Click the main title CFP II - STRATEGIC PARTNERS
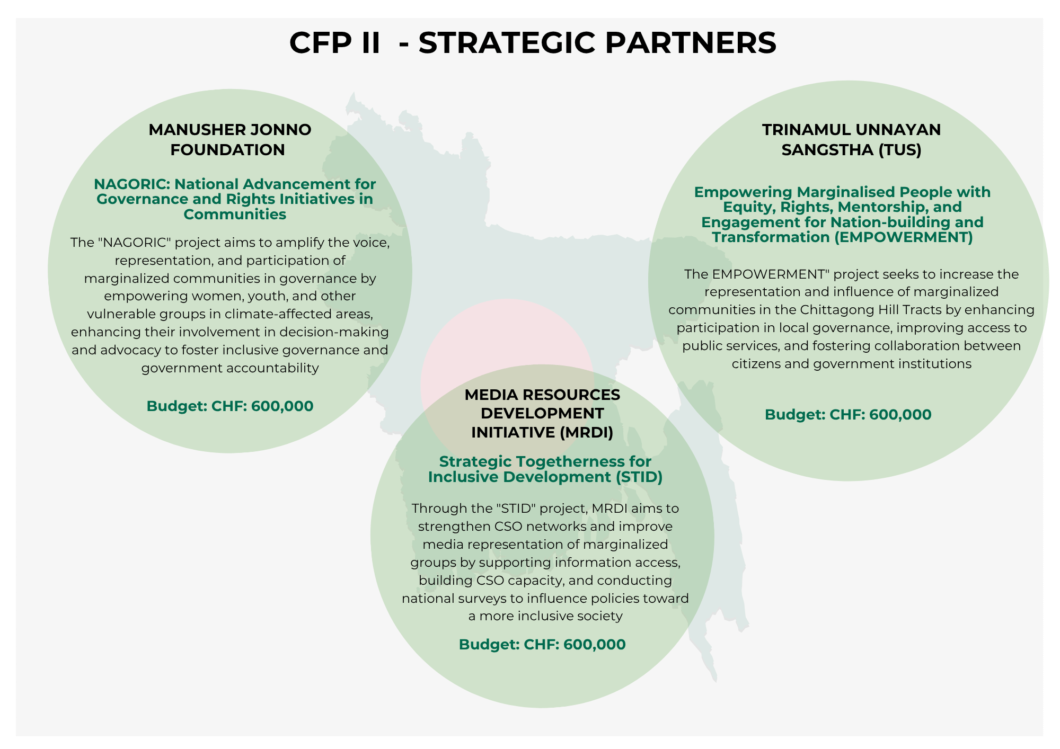(x=533, y=42)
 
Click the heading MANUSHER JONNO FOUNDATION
(x=229, y=139)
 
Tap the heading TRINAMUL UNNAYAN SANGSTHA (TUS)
(x=851, y=139)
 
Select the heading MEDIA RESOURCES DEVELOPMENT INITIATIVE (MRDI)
(x=542, y=413)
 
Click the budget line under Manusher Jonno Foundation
(x=229, y=406)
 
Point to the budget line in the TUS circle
(x=847, y=414)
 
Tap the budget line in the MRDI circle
(x=542, y=644)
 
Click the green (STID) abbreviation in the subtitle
(x=639, y=477)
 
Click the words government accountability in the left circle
(x=229, y=368)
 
